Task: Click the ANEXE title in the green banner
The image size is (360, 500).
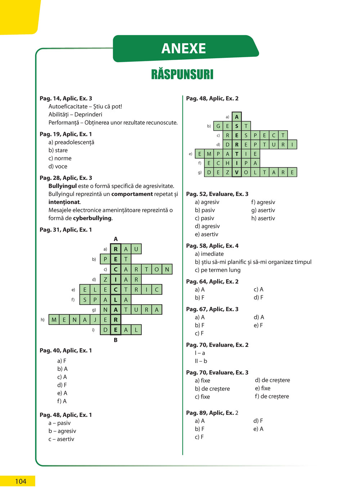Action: (184, 48)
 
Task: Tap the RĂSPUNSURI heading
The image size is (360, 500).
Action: (182, 74)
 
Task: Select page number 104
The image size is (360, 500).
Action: (21, 481)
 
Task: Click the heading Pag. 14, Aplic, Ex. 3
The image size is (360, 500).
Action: (66, 98)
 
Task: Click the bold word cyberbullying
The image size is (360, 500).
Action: (93, 218)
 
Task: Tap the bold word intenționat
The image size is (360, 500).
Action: (64, 202)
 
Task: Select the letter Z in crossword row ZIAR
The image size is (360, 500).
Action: (105, 279)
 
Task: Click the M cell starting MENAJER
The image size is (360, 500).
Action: (54, 320)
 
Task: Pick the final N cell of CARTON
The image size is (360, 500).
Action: (167, 269)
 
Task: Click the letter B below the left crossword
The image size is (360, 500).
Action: (116, 340)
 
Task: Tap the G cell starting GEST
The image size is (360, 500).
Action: (218, 126)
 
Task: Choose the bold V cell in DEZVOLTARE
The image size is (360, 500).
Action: (237, 172)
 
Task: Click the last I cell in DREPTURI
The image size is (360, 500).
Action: (292, 145)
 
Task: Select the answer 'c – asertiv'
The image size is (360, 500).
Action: (62, 439)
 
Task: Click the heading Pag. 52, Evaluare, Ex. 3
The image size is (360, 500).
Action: (217, 194)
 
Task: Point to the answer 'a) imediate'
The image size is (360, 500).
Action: (209, 254)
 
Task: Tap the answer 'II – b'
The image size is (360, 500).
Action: (201, 361)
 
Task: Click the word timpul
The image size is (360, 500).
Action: (302, 262)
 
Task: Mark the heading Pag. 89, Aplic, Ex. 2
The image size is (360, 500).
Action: (212, 413)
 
